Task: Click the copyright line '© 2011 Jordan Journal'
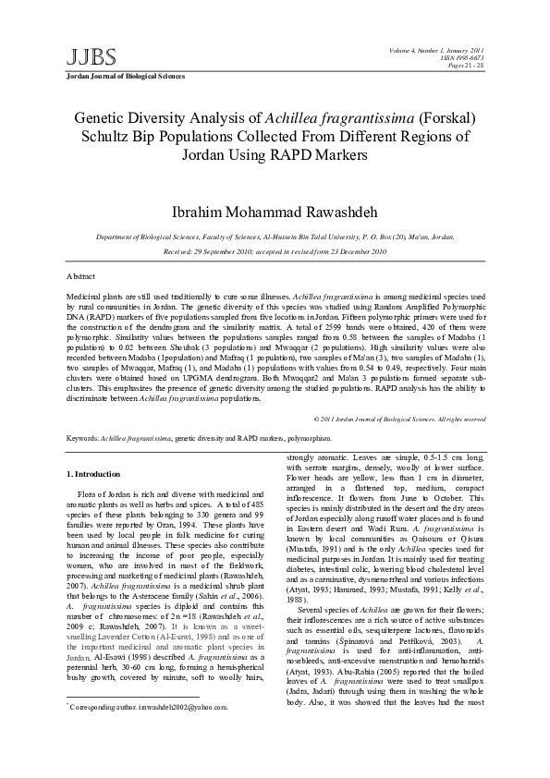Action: (x=400, y=419)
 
